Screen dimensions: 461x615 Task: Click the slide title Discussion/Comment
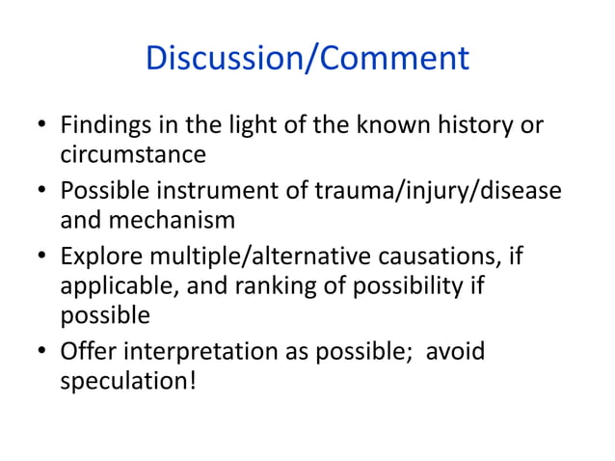point(307,58)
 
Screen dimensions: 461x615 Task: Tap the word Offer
point(88,349)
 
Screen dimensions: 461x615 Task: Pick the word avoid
point(455,349)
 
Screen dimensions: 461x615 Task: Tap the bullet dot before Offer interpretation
point(40,351)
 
